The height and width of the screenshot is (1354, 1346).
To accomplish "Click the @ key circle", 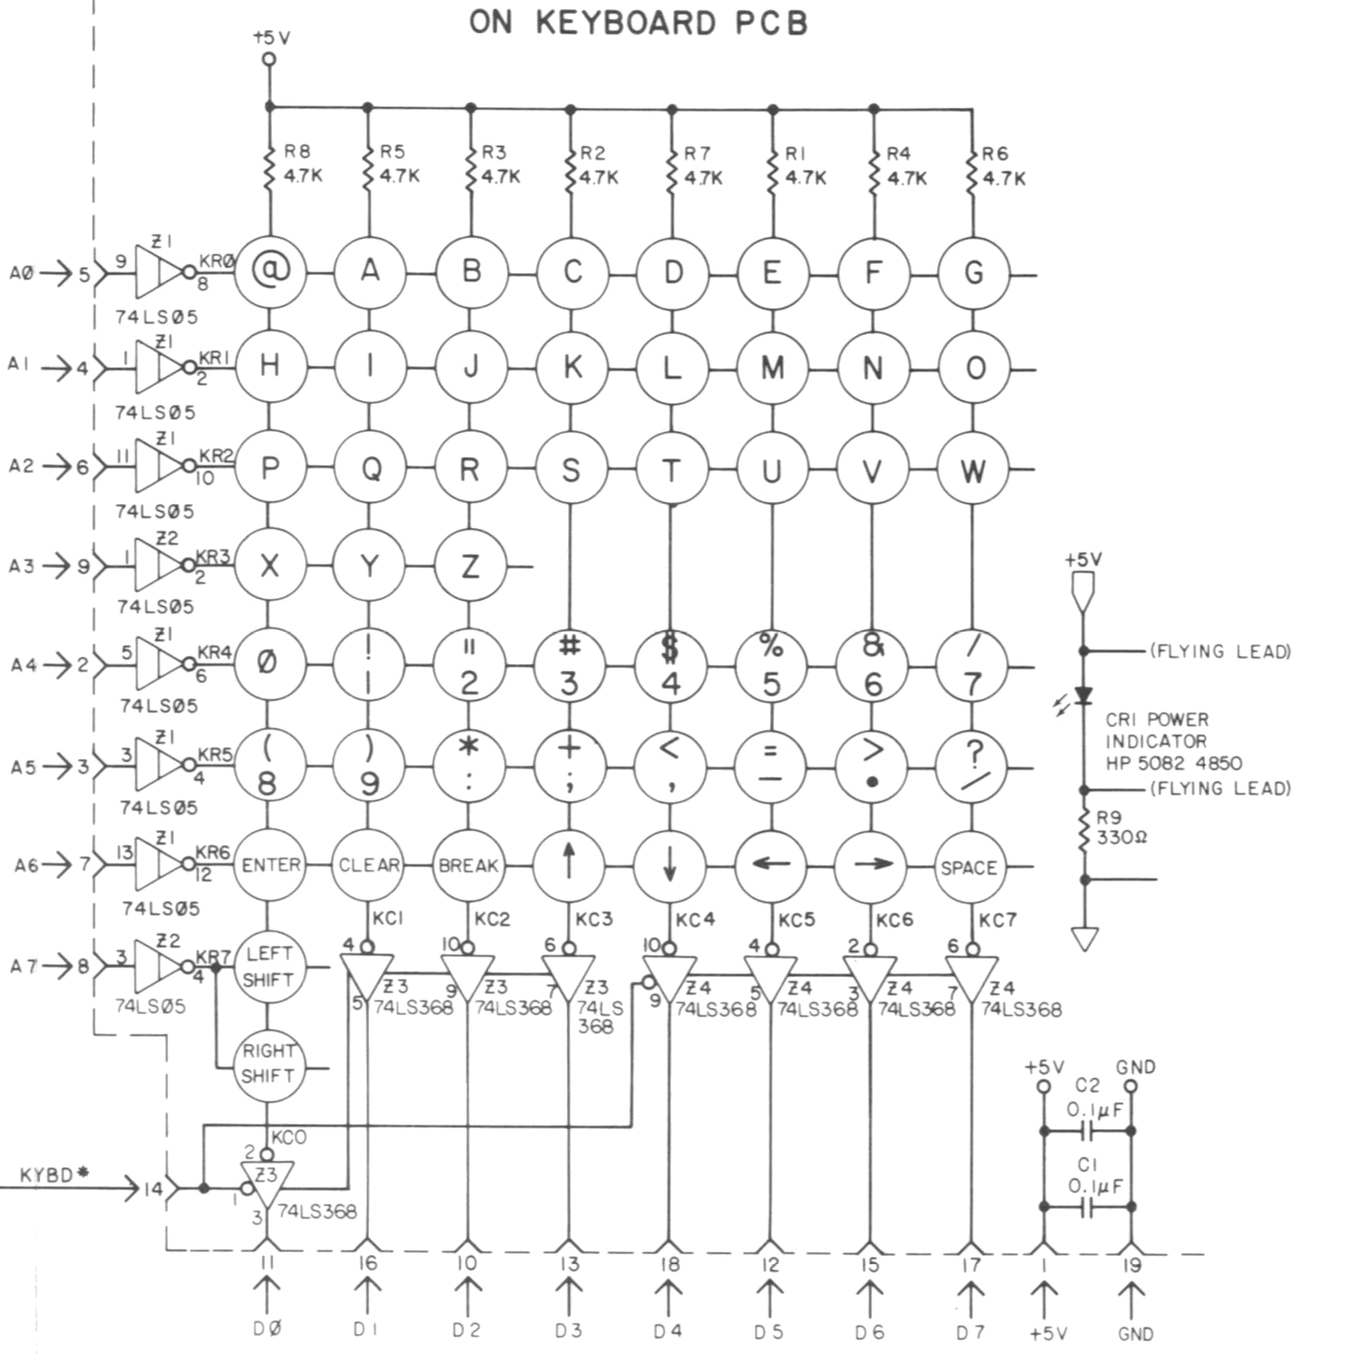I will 270,272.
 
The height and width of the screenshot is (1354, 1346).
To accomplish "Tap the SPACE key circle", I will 969,867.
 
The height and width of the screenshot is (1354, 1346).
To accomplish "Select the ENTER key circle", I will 270,865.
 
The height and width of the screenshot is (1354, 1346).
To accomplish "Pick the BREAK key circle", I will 469,866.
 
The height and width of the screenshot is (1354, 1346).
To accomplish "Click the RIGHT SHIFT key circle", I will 268,1063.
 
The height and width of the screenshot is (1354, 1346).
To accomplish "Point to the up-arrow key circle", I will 569,866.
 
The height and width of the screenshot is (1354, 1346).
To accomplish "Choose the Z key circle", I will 470,566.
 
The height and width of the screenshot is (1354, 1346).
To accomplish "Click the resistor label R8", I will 297,152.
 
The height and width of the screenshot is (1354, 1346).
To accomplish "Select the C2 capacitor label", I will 1087,1085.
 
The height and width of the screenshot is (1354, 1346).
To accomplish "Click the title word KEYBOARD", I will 626,22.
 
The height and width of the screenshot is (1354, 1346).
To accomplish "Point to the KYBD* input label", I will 54,1175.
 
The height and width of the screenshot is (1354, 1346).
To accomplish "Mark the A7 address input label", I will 23,966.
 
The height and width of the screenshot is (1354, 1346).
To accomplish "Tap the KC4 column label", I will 695,920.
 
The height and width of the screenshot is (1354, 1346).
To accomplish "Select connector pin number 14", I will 153,1189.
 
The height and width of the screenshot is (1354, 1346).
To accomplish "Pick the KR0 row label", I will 217,261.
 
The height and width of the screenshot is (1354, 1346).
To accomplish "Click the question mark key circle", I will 972,766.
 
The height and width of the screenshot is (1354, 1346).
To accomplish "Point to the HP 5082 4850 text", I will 1173,763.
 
